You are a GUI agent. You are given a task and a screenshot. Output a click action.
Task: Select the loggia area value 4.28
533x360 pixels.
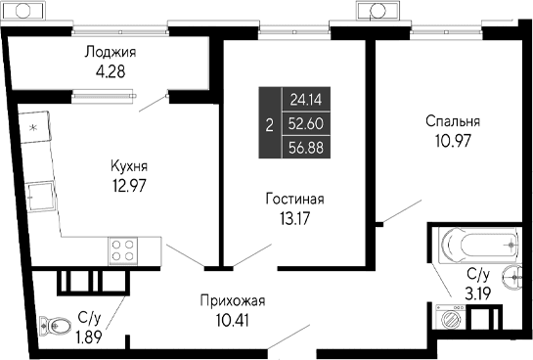[x=109, y=70]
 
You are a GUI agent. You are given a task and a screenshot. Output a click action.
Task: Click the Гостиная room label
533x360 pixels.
[x=293, y=199]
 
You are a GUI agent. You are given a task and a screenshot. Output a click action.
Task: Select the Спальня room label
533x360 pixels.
[x=452, y=121]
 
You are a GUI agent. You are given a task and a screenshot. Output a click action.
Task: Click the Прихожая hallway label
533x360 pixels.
[x=233, y=300]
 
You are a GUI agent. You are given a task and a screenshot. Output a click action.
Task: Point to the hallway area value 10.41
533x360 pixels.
[x=233, y=318]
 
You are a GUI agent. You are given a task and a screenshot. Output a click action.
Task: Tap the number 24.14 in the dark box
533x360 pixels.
[x=306, y=99]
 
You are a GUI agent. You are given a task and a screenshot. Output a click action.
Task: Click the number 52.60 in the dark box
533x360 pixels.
[x=306, y=123]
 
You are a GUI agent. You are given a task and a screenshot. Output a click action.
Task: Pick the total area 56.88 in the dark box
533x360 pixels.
[x=306, y=147]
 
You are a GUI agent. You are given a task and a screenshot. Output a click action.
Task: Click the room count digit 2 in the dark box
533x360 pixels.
[x=269, y=123]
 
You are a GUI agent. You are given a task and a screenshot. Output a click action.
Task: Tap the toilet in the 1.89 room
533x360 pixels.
[x=50, y=328]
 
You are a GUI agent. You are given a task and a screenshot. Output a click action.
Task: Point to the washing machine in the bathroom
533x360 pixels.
[x=452, y=318]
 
